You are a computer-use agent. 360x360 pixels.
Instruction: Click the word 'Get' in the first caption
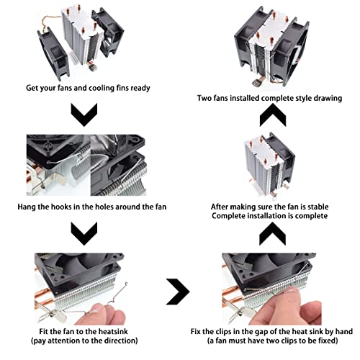(32, 88)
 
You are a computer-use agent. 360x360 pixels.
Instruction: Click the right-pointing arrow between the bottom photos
(178, 292)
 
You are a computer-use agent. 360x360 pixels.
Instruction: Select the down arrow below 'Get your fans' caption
(84, 114)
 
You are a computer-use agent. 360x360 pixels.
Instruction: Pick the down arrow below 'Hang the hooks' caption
(84, 233)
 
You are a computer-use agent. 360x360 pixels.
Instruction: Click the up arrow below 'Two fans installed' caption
(273, 114)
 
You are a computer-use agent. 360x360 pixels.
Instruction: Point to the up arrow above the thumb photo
(273, 233)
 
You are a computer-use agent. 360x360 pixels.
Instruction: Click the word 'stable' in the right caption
(318, 207)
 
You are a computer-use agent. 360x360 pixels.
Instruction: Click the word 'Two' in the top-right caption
(204, 98)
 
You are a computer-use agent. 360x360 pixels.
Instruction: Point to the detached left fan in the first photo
(52, 54)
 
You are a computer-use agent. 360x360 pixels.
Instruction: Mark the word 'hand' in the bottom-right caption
(344, 331)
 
